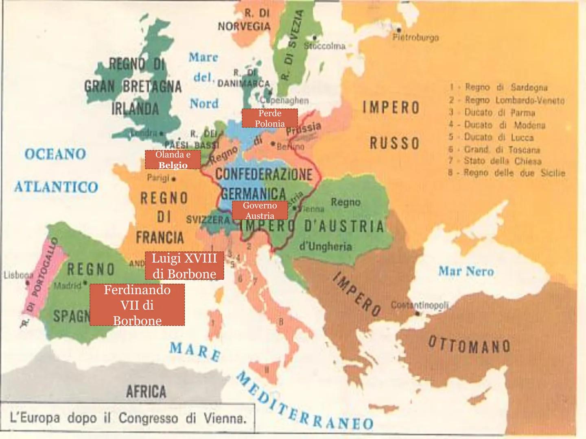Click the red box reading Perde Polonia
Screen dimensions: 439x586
point(269,118)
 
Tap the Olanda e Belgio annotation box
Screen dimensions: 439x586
point(173,160)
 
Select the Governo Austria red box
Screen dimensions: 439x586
point(260,211)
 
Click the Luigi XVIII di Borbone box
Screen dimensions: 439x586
point(184,266)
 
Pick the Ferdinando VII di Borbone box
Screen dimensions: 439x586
point(137,305)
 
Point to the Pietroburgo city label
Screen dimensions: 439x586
point(415,38)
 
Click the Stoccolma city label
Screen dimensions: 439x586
point(325,46)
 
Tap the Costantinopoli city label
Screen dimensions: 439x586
point(419,305)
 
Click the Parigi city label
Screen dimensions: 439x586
point(158,178)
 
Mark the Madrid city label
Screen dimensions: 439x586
point(67,285)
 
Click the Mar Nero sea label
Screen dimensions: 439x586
point(466,271)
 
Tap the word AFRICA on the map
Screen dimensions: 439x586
point(146,391)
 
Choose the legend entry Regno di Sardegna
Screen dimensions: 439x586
point(506,87)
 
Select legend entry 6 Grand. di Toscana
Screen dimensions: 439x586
point(502,150)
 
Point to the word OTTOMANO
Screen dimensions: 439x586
point(469,346)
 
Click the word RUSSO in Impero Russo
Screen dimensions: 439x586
point(394,143)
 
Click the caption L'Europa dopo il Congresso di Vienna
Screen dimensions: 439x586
point(128,418)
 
